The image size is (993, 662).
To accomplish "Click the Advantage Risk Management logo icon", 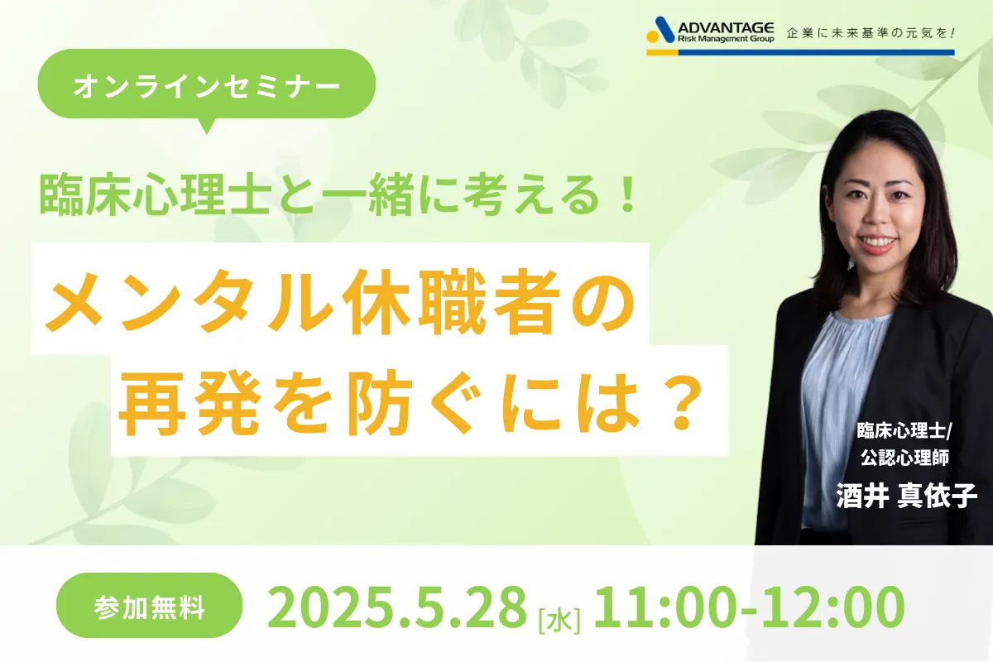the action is (660, 30).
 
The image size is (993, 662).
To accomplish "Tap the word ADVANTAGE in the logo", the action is (727, 28).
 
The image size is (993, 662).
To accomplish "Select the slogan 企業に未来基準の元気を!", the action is (871, 33).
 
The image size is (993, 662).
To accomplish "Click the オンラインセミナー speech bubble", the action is (207, 84).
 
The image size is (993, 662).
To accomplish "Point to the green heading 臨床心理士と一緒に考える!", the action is (338, 196).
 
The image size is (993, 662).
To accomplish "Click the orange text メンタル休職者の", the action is (340, 301).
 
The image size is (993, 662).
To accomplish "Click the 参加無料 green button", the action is (150, 605).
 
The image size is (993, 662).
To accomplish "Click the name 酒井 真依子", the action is (907, 496).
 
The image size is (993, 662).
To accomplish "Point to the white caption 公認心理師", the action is (904, 457).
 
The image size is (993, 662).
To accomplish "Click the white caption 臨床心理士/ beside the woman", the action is (904, 430).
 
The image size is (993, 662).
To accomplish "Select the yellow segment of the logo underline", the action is (662, 52).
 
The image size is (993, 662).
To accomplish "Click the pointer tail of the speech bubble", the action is (206, 126).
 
